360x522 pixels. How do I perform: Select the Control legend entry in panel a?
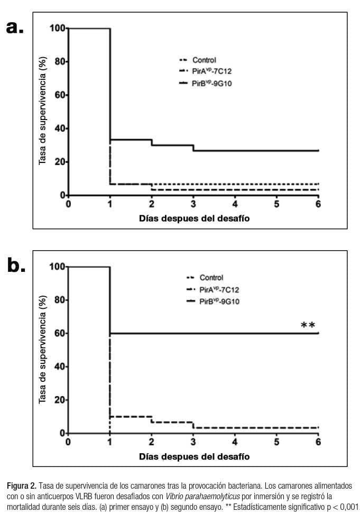pos(204,60)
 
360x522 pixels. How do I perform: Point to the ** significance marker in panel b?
pos(308,326)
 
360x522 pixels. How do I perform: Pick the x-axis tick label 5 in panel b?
pos(276,443)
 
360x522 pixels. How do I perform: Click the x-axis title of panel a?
pos(194,218)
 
